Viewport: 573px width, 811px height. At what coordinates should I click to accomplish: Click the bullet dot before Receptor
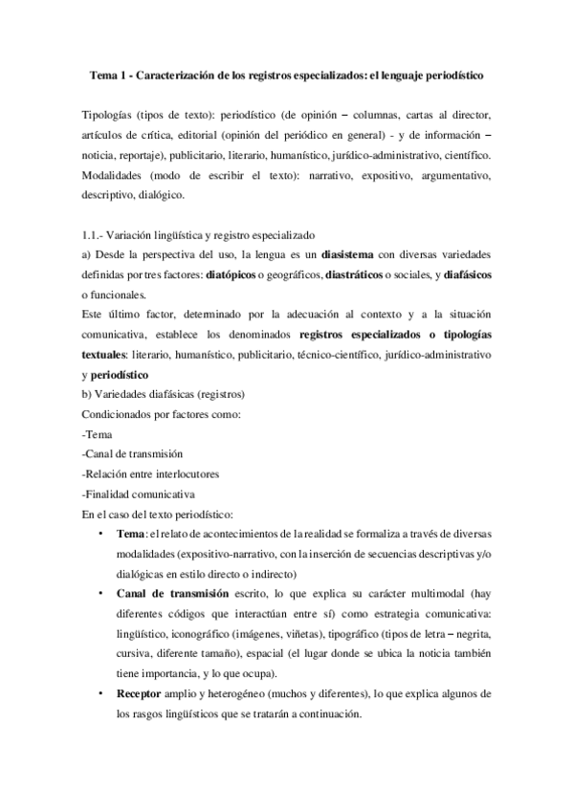pyautogui.click(x=101, y=692)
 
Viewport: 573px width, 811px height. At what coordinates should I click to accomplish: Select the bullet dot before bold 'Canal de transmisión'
pyautogui.click(x=101, y=594)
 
